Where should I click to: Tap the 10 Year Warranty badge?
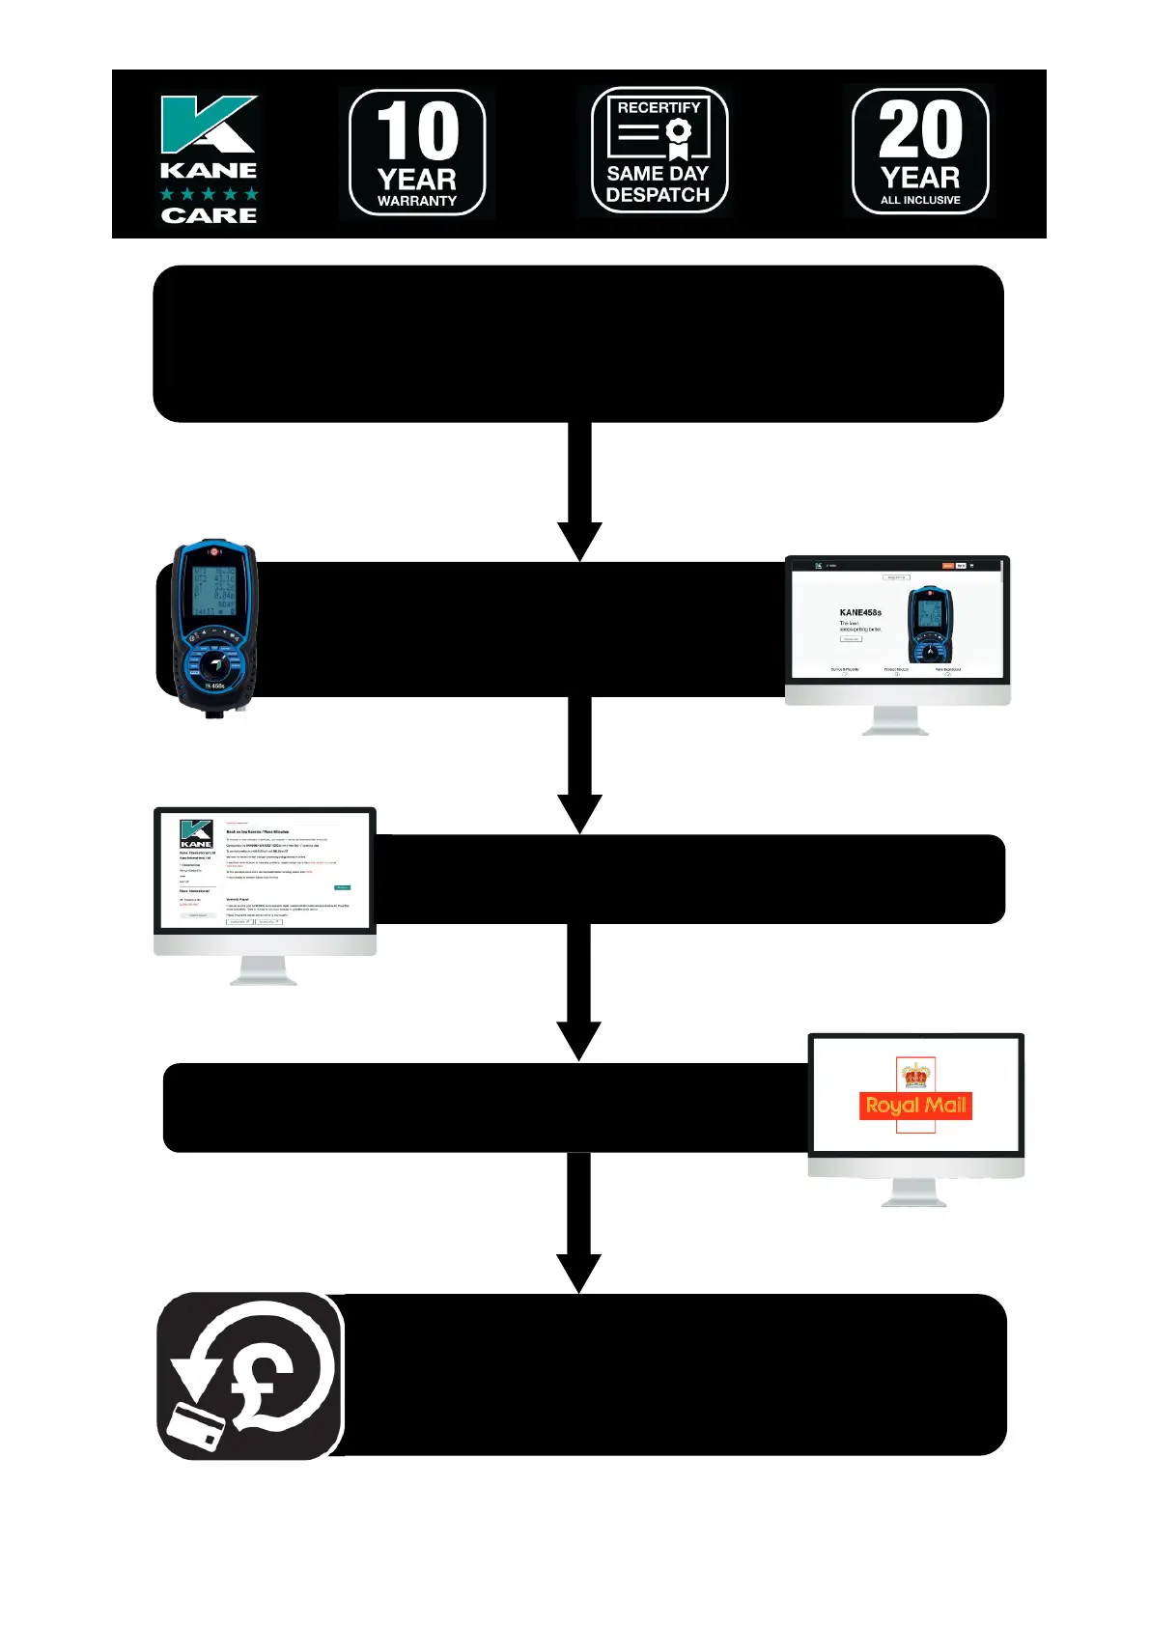coord(417,153)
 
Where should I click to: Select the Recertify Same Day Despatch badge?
coord(659,152)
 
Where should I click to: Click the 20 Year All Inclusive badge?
coord(920,152)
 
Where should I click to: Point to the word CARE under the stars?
coord(209,215)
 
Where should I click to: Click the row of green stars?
coord(209,194)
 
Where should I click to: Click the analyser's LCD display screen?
coord(213,590)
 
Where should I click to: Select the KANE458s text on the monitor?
coord(859,612)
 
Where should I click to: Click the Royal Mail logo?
coord(915,1106)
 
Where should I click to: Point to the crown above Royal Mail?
coord(915,1075)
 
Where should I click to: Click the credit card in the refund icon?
coord(196,1427)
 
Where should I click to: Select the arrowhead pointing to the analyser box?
coord(579,540)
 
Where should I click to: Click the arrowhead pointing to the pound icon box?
coord(579,1272)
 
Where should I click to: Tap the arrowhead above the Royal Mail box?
coord(579,1041)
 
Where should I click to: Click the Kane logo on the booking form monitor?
coord(196,833)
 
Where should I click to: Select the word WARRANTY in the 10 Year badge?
coord(417,201)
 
